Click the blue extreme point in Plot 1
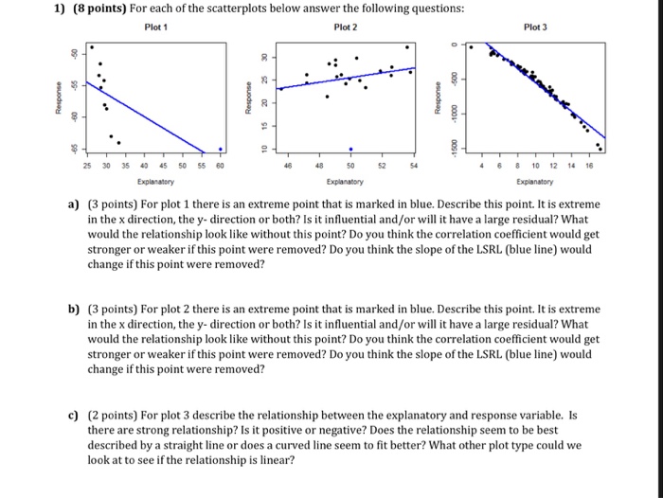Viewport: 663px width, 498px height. click(x=221, y=148)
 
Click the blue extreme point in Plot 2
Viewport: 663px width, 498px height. click(x=350, y=149)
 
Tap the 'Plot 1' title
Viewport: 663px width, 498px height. click(x=155, y=27)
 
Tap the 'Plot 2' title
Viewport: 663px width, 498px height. click(x=349, y=27)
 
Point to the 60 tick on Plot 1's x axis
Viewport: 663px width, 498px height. click(x=220, y=164)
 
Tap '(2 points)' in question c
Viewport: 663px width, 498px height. click(x=116, y=415)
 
